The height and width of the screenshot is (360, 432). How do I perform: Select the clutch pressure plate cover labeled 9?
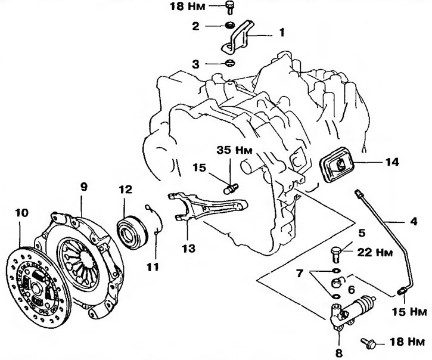tap(83, 256)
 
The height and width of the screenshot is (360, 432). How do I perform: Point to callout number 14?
tap(391, 161)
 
